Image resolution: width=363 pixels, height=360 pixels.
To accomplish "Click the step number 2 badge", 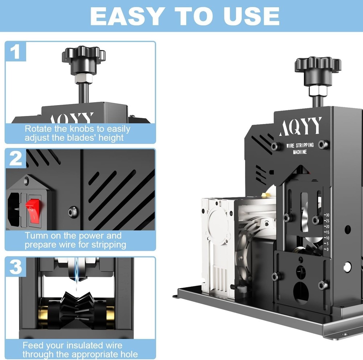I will (15, 158).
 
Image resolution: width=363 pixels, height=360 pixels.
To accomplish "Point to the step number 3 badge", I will (15, 266).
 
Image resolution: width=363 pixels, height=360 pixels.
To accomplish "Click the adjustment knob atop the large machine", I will (317, 67).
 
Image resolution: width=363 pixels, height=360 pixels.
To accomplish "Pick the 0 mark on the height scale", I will (327, 249).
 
